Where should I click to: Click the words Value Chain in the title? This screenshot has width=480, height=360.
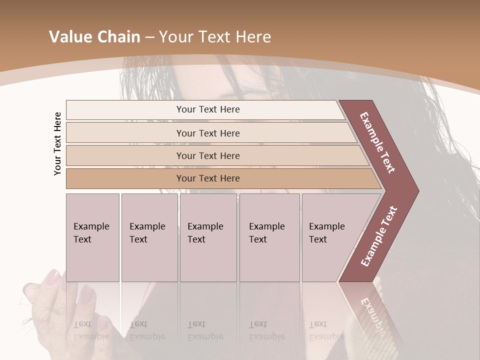tap(94, 37)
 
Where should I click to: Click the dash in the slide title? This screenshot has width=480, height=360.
tap(149, 37)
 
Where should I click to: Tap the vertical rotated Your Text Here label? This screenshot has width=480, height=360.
tap(57, 143)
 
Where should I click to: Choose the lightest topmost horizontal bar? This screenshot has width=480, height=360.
tap(207, 109)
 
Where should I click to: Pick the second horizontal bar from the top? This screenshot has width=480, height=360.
tap(207, 133)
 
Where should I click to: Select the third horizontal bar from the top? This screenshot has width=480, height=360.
tap(207, 155)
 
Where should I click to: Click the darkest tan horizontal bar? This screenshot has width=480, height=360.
tap(207, 178)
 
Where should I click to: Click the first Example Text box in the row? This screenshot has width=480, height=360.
tap(92, 237)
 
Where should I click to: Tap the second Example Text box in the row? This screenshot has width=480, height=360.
tap(149, 237)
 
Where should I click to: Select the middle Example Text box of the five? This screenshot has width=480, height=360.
tap(207, 237)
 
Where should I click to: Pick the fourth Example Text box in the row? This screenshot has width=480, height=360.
tap(269, 237)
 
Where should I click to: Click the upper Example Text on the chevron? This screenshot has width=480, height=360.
tap(377, 142)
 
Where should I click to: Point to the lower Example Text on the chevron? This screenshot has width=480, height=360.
tap(379, 236)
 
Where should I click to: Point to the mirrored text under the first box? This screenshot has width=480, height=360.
tap(91, 330)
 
